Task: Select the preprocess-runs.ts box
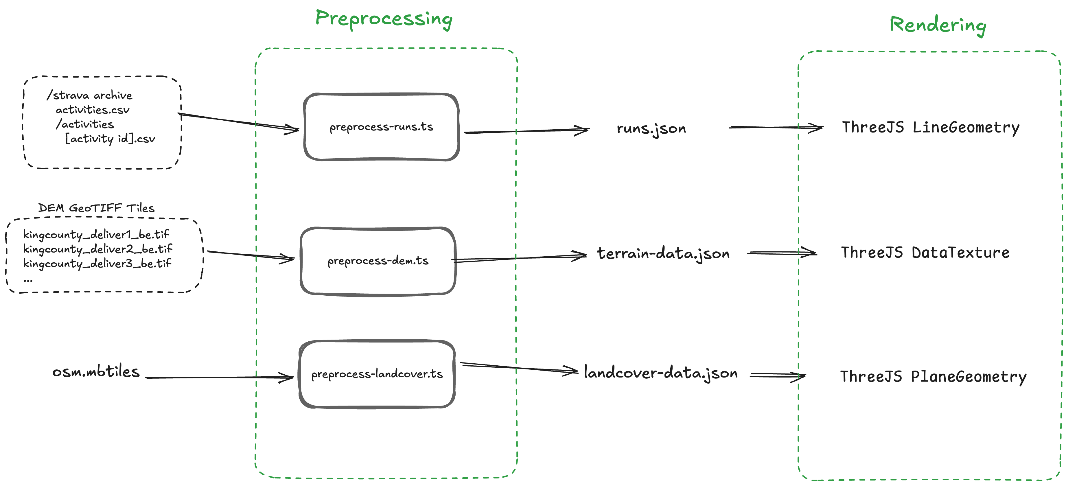pos(381,127)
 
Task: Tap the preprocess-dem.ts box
pos(378,261)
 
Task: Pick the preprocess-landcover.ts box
pos(377,374)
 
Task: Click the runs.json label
pos(651,128)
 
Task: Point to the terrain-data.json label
pos(663,253)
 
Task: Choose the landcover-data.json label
pos(660,373)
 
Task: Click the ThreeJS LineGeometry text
pos(931,128)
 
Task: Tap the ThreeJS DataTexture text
pos(925,253)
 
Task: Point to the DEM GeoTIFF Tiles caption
pos(96,208)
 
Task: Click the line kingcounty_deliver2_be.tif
pos(98,249)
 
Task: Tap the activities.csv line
pos(93,110)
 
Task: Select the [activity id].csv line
pos(110,139)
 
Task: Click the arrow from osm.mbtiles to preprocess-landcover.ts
pos(219,377)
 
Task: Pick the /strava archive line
pos(89,95)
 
